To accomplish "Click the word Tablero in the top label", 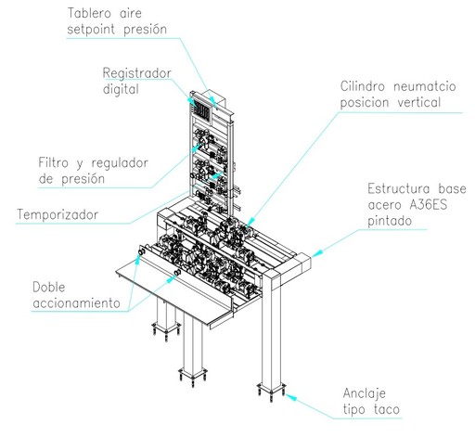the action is click(89, 13).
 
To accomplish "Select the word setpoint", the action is click(91, 30).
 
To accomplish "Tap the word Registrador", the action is click(136, 73).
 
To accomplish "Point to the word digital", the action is click(121, 90).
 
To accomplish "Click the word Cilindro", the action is click(363, 86).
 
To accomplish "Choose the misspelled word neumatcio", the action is click(425, 86).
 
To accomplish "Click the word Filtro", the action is click(53, 162).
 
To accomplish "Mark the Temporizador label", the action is click(58, 214).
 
